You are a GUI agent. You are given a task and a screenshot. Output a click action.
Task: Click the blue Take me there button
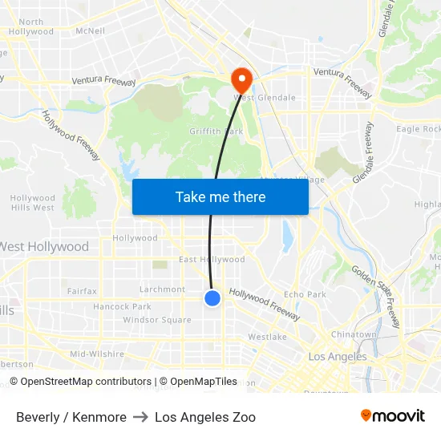click(x=220, y=196)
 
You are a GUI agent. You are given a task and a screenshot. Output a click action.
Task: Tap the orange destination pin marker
click(x=241, y=79)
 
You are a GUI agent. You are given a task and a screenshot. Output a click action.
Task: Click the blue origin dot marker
click(x=212, y=298)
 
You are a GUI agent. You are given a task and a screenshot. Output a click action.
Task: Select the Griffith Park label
click(x=216, y=131)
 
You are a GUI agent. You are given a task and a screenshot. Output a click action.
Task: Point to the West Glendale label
click(x=265, y=98)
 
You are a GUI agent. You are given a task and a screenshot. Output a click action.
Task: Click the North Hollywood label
click(x=31, y=26)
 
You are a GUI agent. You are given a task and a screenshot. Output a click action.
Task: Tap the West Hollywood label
click(x=45, y=246)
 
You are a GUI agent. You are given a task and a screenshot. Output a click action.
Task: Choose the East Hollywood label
click(x=212, y=260)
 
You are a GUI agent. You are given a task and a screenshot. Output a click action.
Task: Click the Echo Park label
click(x=305, y=294)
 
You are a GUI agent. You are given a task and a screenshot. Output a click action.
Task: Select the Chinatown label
click(x=354, y=334)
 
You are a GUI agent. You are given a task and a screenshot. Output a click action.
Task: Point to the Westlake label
click(x=267, y=337)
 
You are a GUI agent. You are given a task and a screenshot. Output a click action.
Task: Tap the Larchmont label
click(x=162, y=289)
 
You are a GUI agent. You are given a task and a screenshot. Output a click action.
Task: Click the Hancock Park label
click(x=122, y=306)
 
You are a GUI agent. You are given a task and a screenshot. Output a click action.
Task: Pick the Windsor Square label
click(x=157, y=320)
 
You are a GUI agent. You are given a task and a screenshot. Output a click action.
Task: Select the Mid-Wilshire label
click(x=97, y=354)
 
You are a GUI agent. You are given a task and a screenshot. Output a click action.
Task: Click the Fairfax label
click(x=82, y=291)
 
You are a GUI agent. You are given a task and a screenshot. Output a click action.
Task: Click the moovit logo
click(x=393, y=416)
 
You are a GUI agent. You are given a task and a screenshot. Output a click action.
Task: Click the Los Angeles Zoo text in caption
click(x=205, y=417)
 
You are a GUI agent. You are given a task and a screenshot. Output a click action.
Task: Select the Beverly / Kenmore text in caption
click(x=71, y=417)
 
